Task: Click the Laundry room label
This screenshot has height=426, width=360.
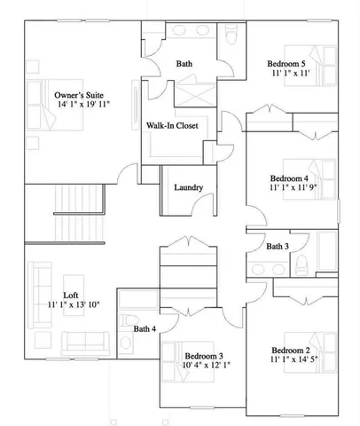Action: click(190, 187)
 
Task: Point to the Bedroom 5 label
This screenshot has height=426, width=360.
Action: click(291, 64)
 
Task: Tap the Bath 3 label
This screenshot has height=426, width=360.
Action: click(277, 246)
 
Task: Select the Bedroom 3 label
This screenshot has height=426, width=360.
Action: click(206, 355)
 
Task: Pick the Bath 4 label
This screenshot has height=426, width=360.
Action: click(145, 329)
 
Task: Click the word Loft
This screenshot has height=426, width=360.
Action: click(71, 295)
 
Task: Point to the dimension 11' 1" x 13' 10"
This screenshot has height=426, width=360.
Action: click(74, 305)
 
